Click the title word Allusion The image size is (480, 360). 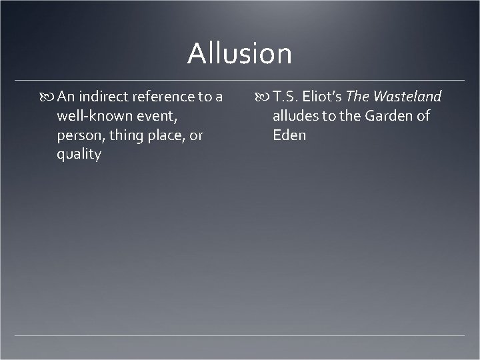point(239,53)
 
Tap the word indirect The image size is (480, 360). point(107,97)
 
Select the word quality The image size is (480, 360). point(79,155)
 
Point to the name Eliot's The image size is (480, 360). point(324,97)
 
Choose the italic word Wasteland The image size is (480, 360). point(407,97)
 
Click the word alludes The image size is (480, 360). point(295,117)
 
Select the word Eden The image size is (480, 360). point(289,136)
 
